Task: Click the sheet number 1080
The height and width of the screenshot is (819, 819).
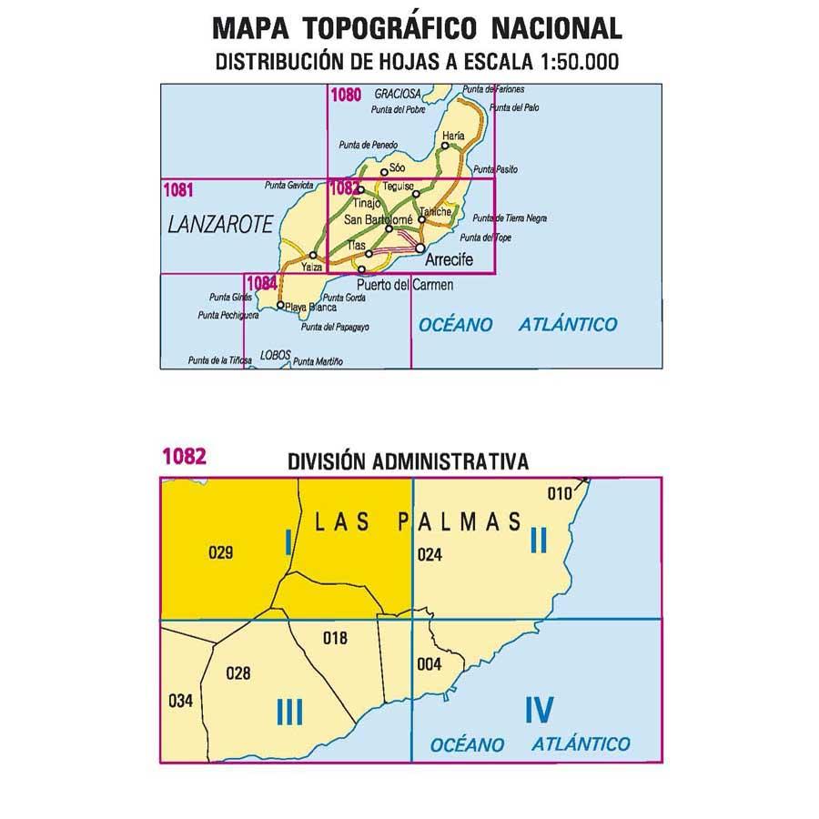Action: (347, 93)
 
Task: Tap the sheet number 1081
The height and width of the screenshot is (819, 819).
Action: (177, 189)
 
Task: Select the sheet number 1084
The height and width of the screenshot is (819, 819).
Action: (261, 282)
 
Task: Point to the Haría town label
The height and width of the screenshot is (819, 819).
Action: (453, 135)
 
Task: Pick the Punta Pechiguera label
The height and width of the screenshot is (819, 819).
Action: (227, 315)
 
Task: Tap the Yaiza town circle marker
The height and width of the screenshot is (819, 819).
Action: (313, 256)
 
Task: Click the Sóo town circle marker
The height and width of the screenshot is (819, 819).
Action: (383, 172)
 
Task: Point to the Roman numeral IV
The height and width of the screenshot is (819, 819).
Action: (539, 709)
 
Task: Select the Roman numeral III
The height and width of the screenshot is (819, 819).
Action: (288, 712)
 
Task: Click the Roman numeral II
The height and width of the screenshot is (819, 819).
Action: (538, 541)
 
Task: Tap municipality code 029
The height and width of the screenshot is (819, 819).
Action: (221, 551)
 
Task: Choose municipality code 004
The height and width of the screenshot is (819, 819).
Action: (429, 663)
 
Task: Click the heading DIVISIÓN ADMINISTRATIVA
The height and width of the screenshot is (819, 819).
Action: (408, 461)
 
